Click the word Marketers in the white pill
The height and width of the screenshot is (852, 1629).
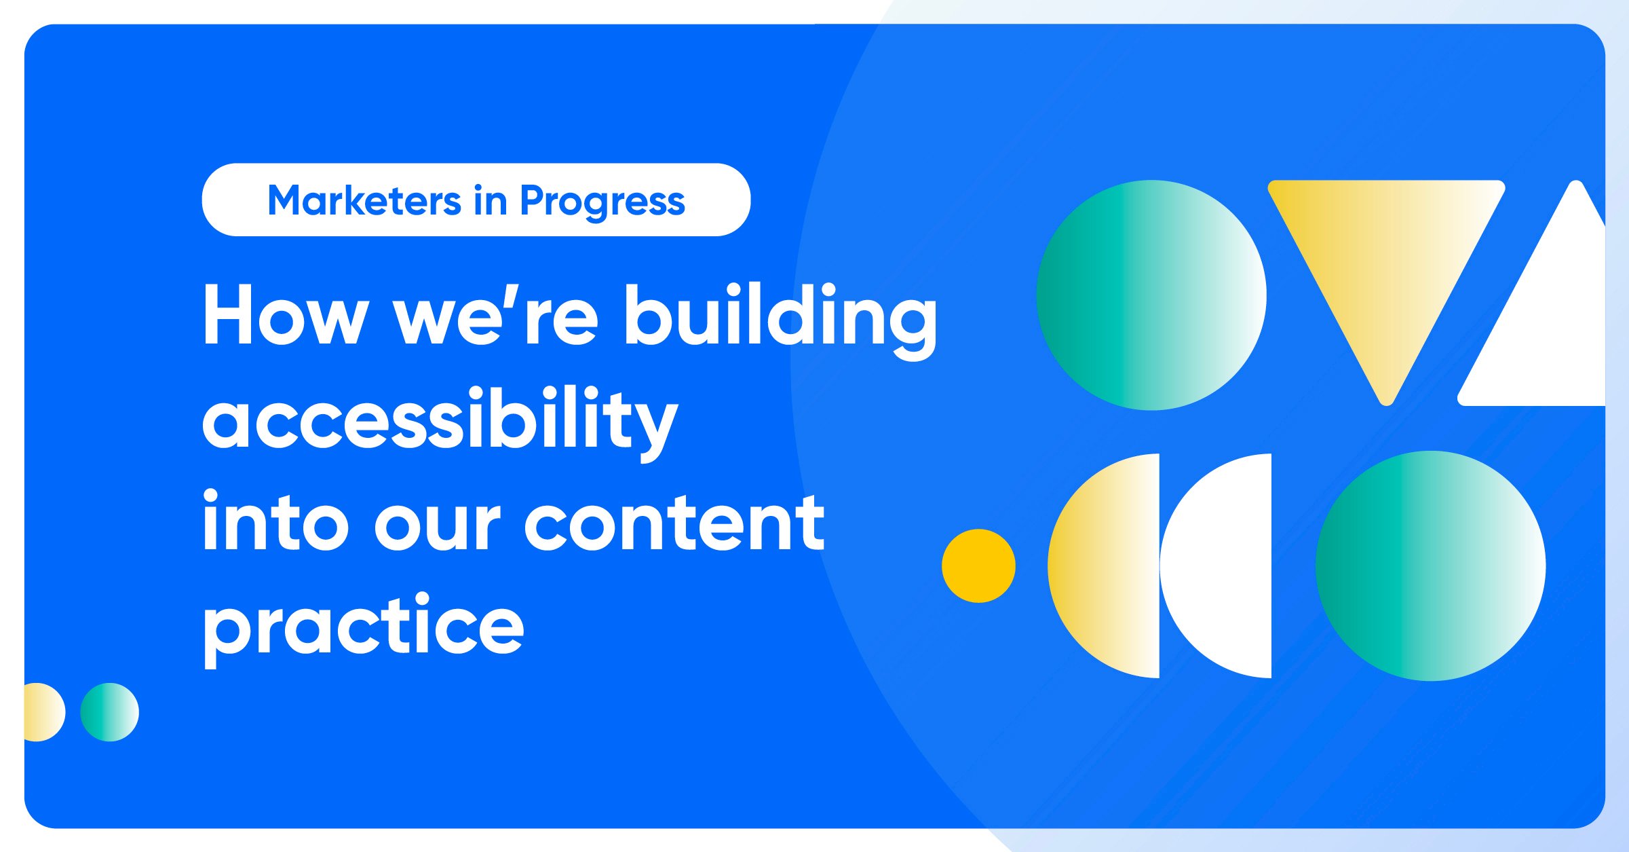pos(365,201)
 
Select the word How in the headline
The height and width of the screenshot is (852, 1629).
pos(286,316)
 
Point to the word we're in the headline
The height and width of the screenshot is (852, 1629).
pos(496,316)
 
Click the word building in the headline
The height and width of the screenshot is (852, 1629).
pos(781,319)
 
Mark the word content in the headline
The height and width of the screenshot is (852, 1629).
pos(674,523)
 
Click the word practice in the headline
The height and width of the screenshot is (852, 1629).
pos(364,629)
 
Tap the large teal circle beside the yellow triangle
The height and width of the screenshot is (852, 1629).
pos(1151,295)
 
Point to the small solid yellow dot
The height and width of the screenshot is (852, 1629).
pos(978,566)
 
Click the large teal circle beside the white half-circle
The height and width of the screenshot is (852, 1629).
pos(1431,566)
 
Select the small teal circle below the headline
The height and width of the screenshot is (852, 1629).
pos(109,712)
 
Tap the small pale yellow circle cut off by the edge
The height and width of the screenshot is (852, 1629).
pos(44,712)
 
